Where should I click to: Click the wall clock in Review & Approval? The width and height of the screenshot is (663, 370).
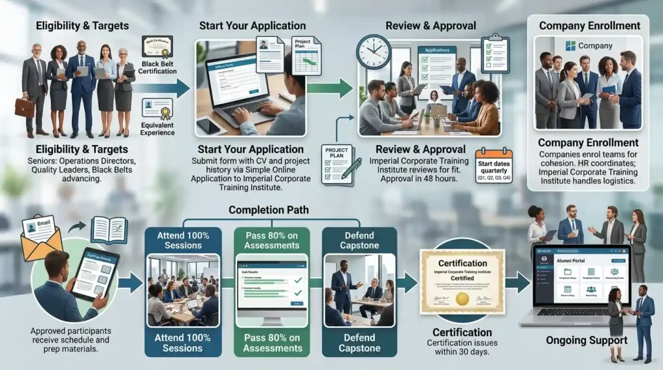[x=374, y=52]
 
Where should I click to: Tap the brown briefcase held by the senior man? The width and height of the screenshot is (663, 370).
[x=25, y=107]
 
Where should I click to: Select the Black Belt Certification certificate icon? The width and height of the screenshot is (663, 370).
[x=157, y=47]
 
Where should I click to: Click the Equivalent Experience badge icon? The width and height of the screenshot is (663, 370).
[x=157, y=109]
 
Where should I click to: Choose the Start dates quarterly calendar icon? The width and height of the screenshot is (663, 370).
[x=493, y=166]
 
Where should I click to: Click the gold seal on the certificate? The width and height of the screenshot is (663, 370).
[x=462, y=298]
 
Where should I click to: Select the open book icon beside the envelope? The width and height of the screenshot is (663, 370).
[x=109, y=230]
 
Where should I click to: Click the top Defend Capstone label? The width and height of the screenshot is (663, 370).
[x=359, y=239]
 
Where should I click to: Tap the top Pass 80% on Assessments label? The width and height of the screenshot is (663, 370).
[x=273, y=239]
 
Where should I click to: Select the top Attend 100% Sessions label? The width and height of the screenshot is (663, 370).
[x=183, y=239]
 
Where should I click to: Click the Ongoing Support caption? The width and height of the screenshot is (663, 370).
[x=585, y=340]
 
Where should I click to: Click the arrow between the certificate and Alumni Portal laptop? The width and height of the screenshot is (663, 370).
[x=517, y=282]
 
